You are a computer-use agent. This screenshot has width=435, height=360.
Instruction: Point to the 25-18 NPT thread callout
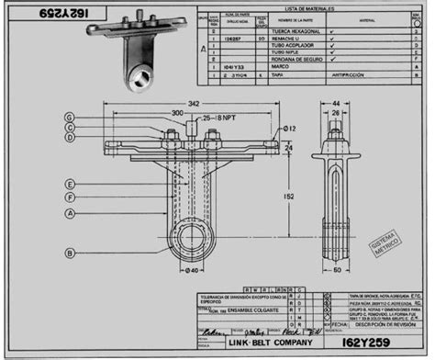[x=218, y=119]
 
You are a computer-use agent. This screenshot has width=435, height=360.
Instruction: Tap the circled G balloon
[x=70, y=117]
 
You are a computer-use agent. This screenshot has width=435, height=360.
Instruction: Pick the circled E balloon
[x=70, y=182]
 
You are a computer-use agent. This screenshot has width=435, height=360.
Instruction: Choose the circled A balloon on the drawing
[x=70, y=213]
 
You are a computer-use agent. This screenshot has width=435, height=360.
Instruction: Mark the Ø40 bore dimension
[x=192, y=270]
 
